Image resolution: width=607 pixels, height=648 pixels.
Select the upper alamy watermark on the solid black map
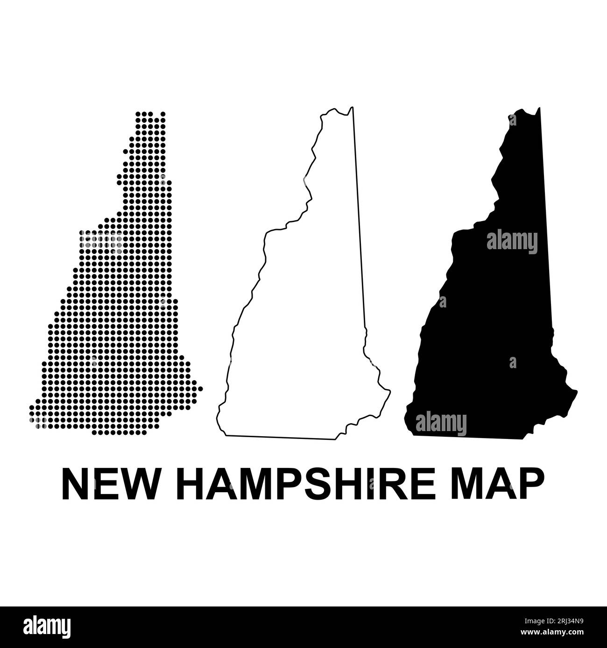click(x=512, y=242)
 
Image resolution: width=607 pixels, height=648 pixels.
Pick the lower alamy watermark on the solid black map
click(x=441, y=424)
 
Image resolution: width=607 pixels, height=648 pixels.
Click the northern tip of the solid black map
click(x=539, y=109)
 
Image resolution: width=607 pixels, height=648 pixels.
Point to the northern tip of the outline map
click(x=353, y=108)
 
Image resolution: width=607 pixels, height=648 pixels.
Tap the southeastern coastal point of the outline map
click(x=390, y=390)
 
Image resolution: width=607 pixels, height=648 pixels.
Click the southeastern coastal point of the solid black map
click(x=577, y=391)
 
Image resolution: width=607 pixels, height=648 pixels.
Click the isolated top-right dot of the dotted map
click(x=163, y=113)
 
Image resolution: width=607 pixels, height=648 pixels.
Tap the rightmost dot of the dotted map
click(x=200, y=388)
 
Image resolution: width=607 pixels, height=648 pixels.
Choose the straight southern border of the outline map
click(x=280, y=437)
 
